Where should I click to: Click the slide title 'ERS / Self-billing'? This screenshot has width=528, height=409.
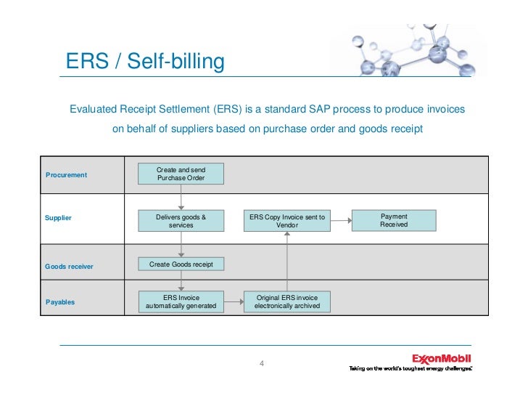pos(145,62)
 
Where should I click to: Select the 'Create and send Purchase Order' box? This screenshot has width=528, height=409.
pos(181,174)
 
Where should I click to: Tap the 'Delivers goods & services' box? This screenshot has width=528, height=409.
pos(181,221)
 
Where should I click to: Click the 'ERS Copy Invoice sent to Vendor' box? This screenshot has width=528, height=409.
pos(287,221)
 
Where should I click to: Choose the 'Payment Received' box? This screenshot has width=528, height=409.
pos(394,220)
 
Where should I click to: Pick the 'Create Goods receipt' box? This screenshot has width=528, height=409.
pos(181,264)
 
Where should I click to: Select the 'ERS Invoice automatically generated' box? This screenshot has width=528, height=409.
pos(181,302)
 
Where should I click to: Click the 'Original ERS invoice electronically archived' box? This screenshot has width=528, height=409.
pos(286,302)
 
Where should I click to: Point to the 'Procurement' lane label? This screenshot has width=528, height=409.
pos(66,175)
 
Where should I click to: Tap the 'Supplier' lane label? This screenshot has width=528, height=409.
pos(58,218)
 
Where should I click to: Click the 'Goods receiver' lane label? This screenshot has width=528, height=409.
pos(69,267)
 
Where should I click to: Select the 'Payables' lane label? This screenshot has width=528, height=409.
pos(60,301)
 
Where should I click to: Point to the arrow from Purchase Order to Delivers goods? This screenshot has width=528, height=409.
pos(181,197)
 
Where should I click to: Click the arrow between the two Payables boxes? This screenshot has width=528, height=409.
pos(233,301)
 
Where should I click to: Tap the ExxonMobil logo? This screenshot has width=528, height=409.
pos(441,358)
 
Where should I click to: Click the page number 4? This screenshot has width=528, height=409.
pos(262,363)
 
